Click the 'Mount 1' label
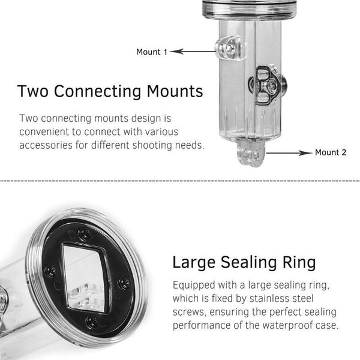[x=152, y=52]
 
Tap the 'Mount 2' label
[x=331, y=152]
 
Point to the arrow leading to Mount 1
[x=193, y=52]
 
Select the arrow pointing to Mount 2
[x=289, y=152]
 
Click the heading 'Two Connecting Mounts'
[x=110, y=91]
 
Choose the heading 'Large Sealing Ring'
[x=244, y=263]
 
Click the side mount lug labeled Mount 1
[x=229, y=48]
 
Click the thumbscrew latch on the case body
[x=268, y=86]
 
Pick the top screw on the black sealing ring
[x=85, y=234]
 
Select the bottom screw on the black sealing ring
[x=92, y=322]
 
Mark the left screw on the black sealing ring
[x=50, y=271]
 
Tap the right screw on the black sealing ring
[x=124, y=284]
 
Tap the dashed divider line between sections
[x=180, y=181]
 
